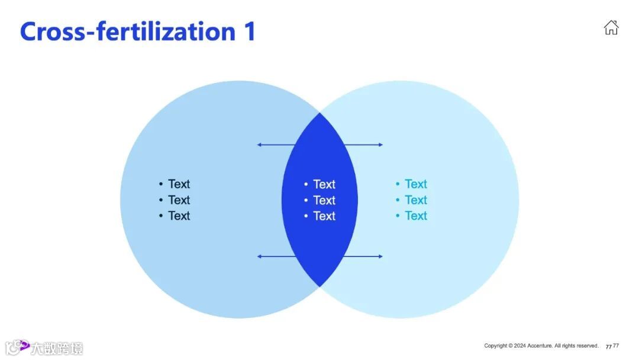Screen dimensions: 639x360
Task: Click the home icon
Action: pos(611,27)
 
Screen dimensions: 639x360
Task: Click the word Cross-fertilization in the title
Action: pos(127,31)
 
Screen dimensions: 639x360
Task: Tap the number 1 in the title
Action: pos(249,31)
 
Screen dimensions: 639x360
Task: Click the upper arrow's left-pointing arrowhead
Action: pos(259,144)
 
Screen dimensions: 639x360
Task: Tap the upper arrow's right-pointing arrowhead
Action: pos(380,144)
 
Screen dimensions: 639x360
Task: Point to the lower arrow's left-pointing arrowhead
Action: pos(259,256)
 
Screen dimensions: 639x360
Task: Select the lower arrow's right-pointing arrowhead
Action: pos(380,256)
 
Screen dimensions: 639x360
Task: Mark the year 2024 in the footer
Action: pos(520,346)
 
